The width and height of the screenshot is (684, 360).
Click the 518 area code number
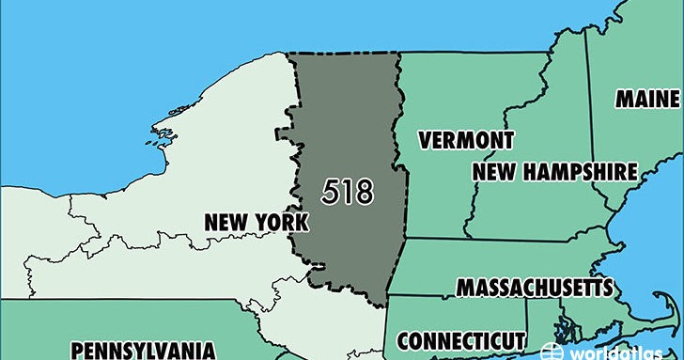coord(347,192)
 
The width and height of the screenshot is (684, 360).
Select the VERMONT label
coord(467,141)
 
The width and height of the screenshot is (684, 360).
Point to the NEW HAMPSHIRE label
coord(554,172)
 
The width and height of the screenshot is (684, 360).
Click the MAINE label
coord(648,99)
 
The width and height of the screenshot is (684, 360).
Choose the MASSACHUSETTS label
coord(535,287)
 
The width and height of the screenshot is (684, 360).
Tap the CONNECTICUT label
coord(460,339)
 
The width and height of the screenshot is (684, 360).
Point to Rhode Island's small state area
coord(561,325)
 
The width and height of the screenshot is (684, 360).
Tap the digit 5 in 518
coord(330,192)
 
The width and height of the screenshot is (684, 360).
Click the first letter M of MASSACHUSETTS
coord(464,287)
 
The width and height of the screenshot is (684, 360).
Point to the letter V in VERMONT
coord(426,141)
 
